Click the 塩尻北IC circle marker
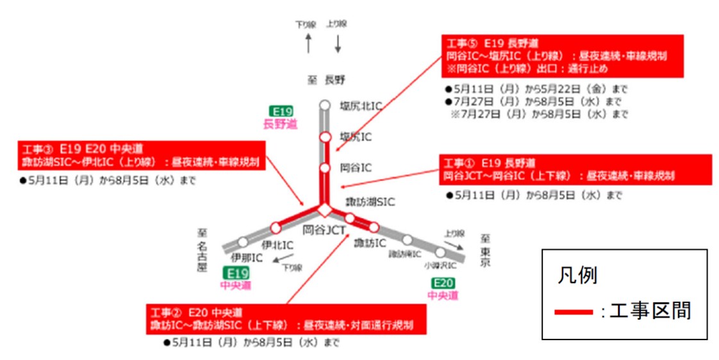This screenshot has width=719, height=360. click(325, 105)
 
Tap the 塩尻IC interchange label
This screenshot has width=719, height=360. click(355, 136)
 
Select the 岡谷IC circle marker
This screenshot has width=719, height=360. click(325, 168)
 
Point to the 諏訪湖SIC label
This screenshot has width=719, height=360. click(370, 202)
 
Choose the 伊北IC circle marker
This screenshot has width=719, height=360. click(276, 227)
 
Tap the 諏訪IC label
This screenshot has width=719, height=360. click(370, 243)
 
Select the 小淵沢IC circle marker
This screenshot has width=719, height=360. click(440, 252)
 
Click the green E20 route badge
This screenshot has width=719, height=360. click(443, 284)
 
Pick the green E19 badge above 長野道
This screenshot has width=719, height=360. click(281, 111)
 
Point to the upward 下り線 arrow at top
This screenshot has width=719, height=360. click(308, 44)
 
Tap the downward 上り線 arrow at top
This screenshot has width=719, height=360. click(338, 43)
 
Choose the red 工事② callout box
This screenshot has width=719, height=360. click(286, 318)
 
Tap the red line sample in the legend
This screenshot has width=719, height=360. click(574, 312)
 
